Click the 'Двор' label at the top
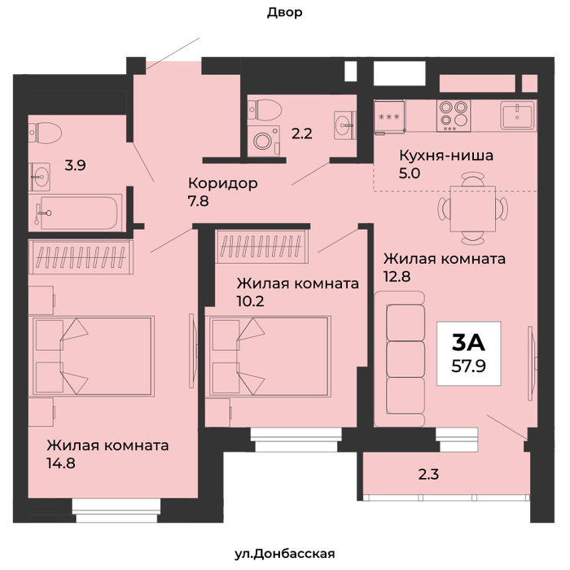tap(285, 13)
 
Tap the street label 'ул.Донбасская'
tap(285, 554)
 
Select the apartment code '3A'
tap(468, 343)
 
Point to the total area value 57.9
tap(468, 366)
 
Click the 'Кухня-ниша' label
tap(446, 156)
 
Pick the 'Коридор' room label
tap(223, 183)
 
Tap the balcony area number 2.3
tap(428, 475)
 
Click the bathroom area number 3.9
tap(75, 166)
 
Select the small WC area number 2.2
tap(302, 134)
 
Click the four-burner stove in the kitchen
tap(454, 116)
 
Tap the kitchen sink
tap(518, 116)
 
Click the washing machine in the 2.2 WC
tap(263, 141)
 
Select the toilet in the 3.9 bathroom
tap(45, 133)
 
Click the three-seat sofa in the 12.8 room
tap(400, 359)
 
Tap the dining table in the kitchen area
tap(473, 208)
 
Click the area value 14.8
tap(61, 463)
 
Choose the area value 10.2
tap(251, 301)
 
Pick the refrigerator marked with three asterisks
tap(389, 117)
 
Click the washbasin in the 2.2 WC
tap(345, 125)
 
